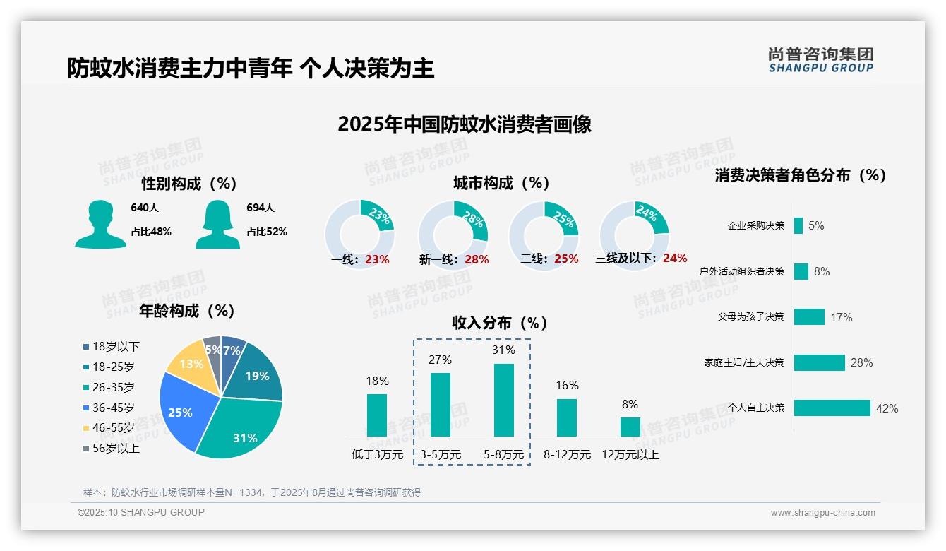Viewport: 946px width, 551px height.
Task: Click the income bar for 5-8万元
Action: (x=503, y=400)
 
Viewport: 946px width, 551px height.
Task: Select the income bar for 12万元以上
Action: (x=630, y=427)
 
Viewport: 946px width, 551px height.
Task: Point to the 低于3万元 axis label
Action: (x=377, y=455)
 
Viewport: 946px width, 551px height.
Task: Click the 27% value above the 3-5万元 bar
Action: (x=440, y=360)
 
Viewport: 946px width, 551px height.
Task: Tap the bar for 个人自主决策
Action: (x=832, y=408)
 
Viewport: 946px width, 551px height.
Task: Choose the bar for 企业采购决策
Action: (x=798, y=225)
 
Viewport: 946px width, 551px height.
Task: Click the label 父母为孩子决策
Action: (x=750, y=317)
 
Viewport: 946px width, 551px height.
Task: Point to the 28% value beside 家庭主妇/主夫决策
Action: (x=861, y=362)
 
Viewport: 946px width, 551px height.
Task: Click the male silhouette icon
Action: (x=100, y=225)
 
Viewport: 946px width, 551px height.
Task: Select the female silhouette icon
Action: (x=217, y=225)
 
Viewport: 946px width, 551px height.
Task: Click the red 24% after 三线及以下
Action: (x=675, y=259)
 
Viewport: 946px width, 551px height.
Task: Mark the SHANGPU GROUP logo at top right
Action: (x=820, y=60)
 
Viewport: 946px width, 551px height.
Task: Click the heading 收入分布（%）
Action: (x=500, y=324)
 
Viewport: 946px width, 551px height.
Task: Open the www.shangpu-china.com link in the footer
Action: (x=822, y=513)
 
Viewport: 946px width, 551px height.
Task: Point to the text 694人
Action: (x=261, y=208)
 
